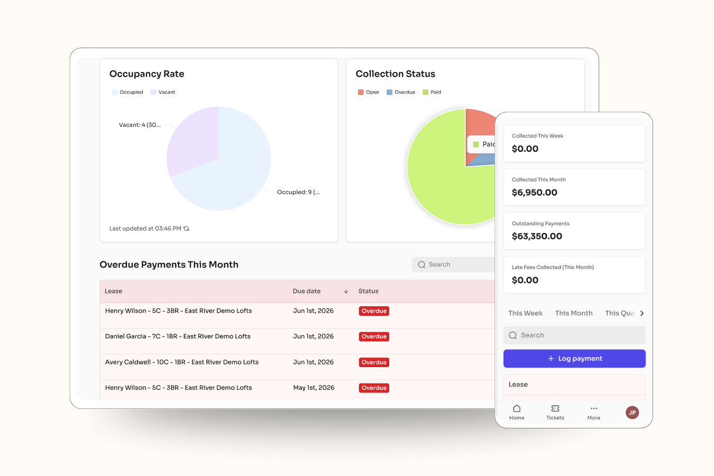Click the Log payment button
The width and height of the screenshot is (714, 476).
574,359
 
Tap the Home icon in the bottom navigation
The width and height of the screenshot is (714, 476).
517,408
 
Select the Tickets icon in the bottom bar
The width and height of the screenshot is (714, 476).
555,408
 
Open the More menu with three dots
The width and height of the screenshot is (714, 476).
593,408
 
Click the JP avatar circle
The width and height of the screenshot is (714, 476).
632,413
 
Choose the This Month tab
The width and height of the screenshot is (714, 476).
574,313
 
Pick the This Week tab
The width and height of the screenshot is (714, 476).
525,313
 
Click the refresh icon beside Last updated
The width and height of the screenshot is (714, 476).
187,228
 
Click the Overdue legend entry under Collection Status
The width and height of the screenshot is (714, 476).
401,92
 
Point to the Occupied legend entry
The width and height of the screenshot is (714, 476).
127,92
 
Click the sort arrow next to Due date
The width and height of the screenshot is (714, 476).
346,291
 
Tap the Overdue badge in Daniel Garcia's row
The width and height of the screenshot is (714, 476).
374,337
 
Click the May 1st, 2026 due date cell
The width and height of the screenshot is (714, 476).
314,388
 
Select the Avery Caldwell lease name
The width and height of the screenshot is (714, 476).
128,362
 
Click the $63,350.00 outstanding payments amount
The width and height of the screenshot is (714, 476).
537,236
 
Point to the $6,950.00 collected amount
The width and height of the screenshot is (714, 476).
535,193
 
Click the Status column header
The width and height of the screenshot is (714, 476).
368,291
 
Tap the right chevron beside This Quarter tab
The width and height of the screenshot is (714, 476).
642,314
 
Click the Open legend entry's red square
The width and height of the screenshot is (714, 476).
361,92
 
